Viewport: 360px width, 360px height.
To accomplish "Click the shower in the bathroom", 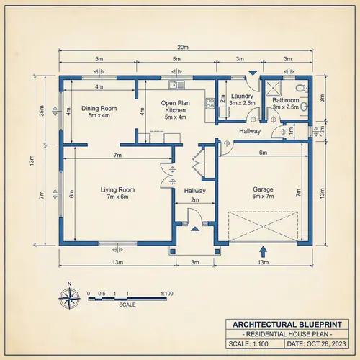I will [x=274, y=87].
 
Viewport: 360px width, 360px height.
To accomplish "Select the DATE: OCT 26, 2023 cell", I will [x=315, y=345].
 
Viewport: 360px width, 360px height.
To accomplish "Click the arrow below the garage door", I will [x=262, y=251].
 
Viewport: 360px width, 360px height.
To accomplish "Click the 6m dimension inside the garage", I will [x=263, y=153].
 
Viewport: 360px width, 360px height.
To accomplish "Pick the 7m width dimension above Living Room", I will [x=117, y=156].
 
